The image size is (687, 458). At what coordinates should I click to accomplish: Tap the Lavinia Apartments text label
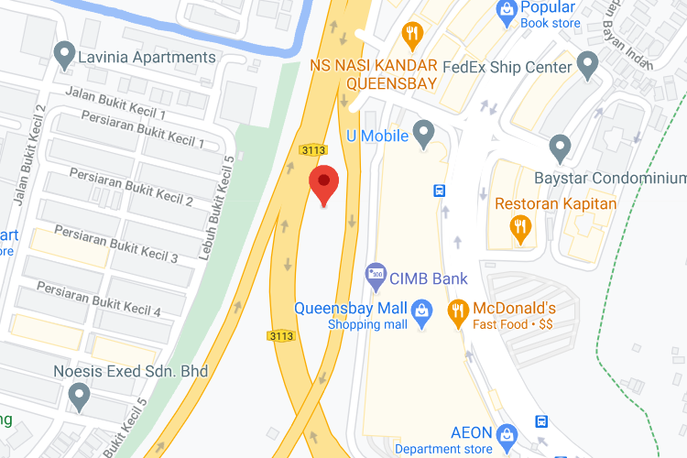pyautogui.click(x=147, y=57)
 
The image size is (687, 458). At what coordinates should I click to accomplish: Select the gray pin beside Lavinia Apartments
pyautogui.click(x=65, y=57)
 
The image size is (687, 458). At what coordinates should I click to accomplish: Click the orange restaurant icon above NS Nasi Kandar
pyautogui.click(x=412, y=36)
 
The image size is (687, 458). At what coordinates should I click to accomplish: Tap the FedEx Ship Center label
pyautogui.click(x=507, y=67)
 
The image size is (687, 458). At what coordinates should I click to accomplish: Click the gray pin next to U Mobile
pyautogui.click(x=423, y=136)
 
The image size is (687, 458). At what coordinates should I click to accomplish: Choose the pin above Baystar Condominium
pyautogui.click(x=560, y=147)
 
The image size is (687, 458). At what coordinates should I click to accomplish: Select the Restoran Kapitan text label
pyautogui.click(x=556, y=203)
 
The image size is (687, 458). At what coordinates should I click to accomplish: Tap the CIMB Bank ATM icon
pyautogui.click(x=376, y=274)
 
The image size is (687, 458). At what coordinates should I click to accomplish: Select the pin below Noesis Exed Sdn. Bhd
pyautogui.click(x=80, y=397)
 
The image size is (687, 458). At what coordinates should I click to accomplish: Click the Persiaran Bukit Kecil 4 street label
pyautogui.click(x=99, y=300)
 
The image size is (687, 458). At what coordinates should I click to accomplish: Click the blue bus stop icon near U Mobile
pyautogui.click(x=440, y=191)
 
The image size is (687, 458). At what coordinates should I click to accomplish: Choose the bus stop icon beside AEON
pyautogui.click(x=542, y=421)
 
